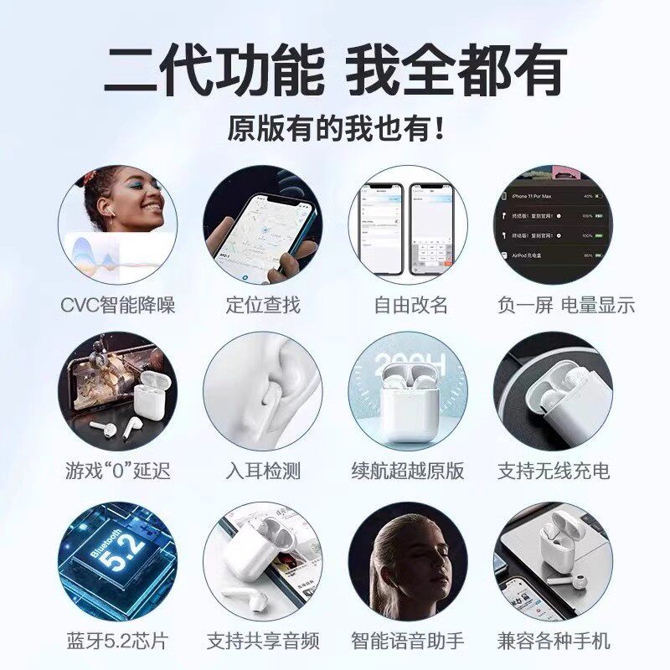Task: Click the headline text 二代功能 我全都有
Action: coord(335,71)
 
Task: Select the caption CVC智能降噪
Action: coord(117,304)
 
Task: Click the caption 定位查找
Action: coord(262,304)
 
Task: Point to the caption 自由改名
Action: coord(410,304)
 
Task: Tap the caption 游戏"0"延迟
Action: coord(117,471)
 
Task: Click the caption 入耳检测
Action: coord(262,471)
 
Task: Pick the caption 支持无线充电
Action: coord(554,471)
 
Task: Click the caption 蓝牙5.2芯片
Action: coord(117,642)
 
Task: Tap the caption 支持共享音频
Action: coord(262,642)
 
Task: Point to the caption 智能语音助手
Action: coord(408,642)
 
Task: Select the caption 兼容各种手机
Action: coord(554,642)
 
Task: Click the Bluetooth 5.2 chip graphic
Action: coord(117,559)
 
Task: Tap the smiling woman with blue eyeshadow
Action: coord(134,205)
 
